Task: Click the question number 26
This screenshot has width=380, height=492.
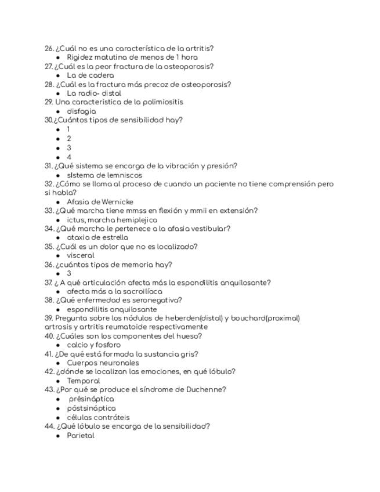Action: (x=49, y=49)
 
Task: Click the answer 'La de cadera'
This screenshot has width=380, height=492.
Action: (x=90, y=75)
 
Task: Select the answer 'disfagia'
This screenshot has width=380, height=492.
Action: (x=81, y=111)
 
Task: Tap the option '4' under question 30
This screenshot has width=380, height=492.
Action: (x=69, y=157)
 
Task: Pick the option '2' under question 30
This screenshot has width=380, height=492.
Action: (x=69, y=139)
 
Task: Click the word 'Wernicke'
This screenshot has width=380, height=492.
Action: (x=117, y=202)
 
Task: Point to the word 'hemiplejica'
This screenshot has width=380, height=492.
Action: (x=136, y=220)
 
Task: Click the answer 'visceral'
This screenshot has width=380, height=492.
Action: (x=81, y=256)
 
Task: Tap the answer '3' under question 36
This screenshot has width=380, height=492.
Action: (x=69, y=274)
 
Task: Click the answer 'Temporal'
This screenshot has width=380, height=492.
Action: (x=83, y=381)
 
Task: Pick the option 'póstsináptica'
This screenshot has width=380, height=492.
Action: (x=91, y=408)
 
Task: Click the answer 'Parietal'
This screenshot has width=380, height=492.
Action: (x=81, y=435)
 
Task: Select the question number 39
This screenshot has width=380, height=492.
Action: (x=49, y=319)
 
